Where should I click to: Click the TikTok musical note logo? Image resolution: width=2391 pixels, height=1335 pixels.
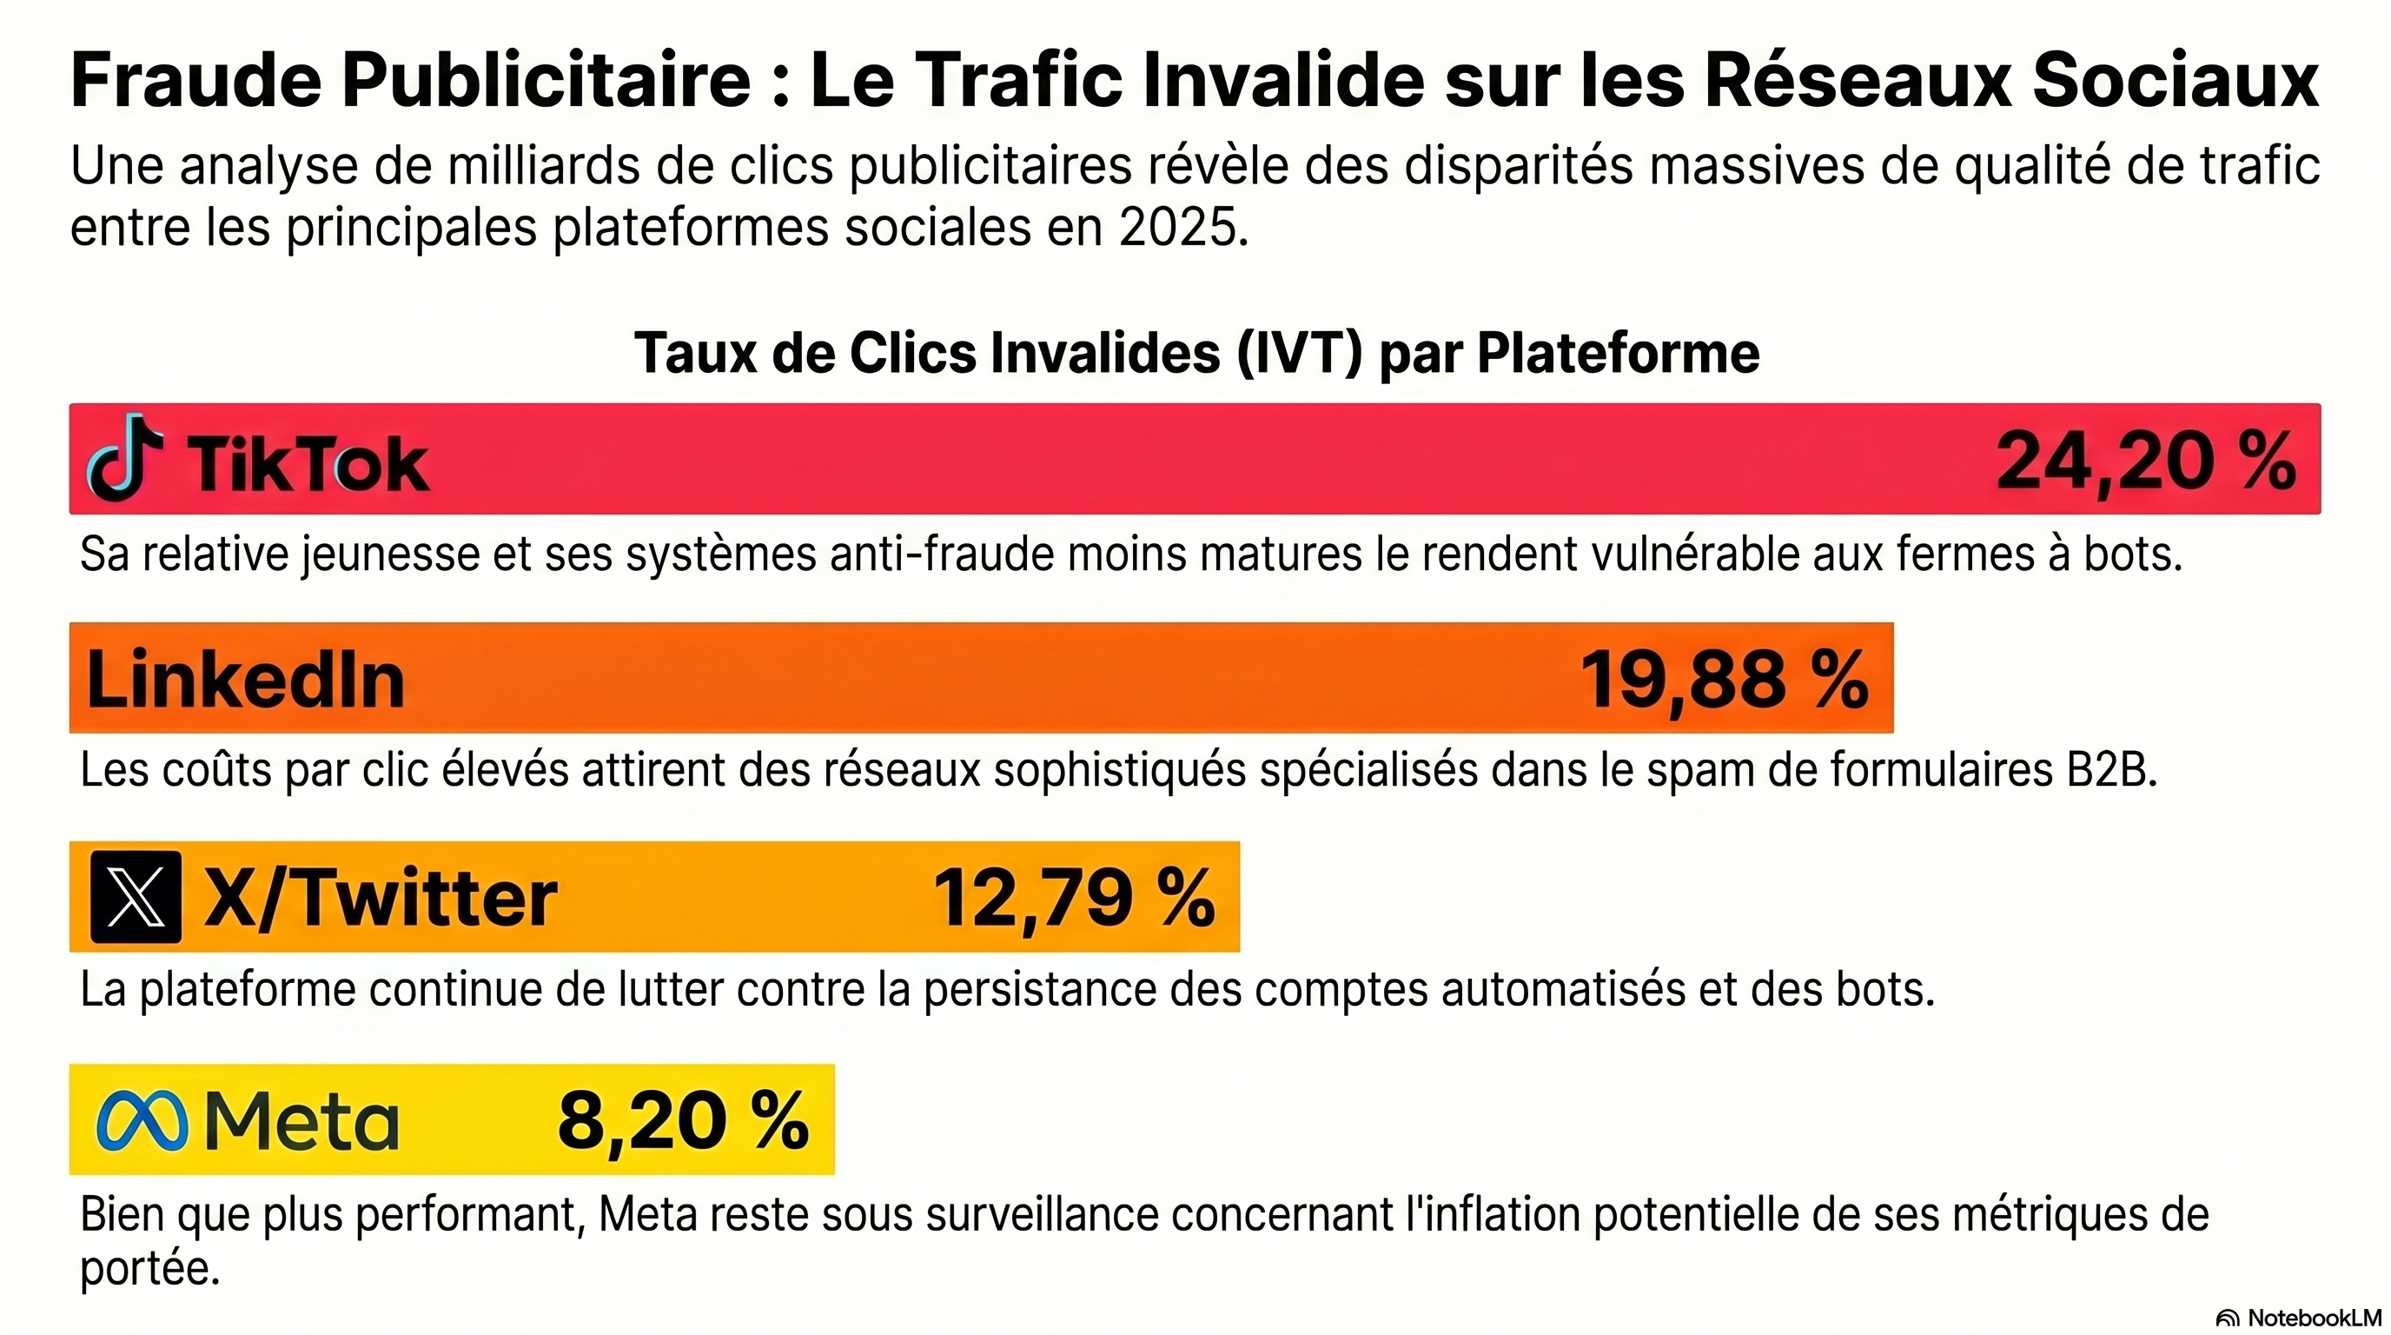click(x=123, y=458)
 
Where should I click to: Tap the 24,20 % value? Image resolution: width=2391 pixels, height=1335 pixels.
click(x=2145, y=462)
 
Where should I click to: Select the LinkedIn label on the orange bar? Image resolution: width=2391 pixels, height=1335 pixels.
click(x=246, y=680)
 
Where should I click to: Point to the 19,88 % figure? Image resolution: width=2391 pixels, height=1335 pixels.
click(x=1724, y=680)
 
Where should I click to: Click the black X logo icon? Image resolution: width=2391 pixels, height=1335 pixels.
click(x=136, y=897)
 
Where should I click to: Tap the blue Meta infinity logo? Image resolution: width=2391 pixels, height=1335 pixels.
click(x=142, y=1120)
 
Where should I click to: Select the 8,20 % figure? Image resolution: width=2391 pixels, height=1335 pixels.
click(x=683, y=1120)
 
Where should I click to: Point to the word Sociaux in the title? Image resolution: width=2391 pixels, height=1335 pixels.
click(x=2176, y=82)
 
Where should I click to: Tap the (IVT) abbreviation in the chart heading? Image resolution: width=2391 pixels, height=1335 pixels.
click(x=1300, y=354)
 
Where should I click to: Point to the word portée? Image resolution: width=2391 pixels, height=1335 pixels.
click(x=149, y=1268)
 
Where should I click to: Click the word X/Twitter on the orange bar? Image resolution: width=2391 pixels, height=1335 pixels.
click(x=381, y=898)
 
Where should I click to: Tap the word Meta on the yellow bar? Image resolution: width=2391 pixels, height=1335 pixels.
click(x=301, y=1120)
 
